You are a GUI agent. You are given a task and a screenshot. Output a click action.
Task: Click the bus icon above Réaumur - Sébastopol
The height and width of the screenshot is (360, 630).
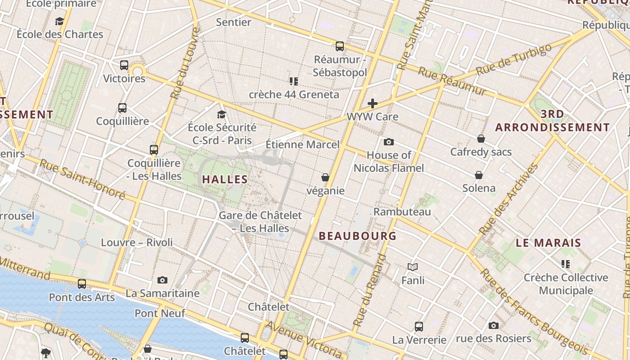click(340, 46)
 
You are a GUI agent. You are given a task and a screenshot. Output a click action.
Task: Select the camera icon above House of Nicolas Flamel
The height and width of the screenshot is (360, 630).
click(389, 142)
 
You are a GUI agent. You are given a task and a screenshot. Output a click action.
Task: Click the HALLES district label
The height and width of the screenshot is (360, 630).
click(225, 180)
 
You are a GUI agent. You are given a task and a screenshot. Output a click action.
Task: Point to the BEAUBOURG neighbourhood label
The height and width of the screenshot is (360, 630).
click(358, 236)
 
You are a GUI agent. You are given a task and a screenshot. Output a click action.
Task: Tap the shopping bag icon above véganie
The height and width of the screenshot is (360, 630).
click(325, 178)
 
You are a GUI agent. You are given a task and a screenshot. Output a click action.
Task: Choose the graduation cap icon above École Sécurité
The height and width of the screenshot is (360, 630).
click(221, 114)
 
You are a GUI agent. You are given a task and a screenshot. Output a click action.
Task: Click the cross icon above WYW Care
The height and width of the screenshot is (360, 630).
click(373, 103)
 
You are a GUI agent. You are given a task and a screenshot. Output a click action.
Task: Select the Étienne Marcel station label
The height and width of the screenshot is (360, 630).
click(302, 144)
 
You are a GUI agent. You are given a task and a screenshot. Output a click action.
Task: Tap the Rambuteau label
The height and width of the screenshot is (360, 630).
click(402, 211)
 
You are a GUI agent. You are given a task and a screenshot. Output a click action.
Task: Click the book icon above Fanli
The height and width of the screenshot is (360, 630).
click(413, 267)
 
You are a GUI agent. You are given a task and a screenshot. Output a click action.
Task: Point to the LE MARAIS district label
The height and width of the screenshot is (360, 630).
click(549, 243)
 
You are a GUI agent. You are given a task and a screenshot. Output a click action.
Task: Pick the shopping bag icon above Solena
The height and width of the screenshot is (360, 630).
click(479, 175)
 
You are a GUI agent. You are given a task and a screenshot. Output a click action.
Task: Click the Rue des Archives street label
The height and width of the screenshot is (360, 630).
click(509, 199)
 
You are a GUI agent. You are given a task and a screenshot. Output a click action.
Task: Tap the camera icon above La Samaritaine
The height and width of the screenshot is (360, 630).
click(162, 280)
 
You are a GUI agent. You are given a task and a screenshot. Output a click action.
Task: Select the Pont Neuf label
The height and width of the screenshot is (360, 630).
click(160, 313)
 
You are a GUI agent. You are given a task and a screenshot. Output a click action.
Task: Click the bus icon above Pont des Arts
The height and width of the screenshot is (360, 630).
click(82, 284)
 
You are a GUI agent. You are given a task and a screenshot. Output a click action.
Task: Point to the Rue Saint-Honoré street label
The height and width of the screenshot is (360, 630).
click(82, 179)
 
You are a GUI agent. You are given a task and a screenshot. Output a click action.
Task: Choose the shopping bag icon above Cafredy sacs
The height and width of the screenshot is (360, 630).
click(481, 139)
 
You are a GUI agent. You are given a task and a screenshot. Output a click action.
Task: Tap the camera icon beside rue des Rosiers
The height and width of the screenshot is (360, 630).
click(494, 325)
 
